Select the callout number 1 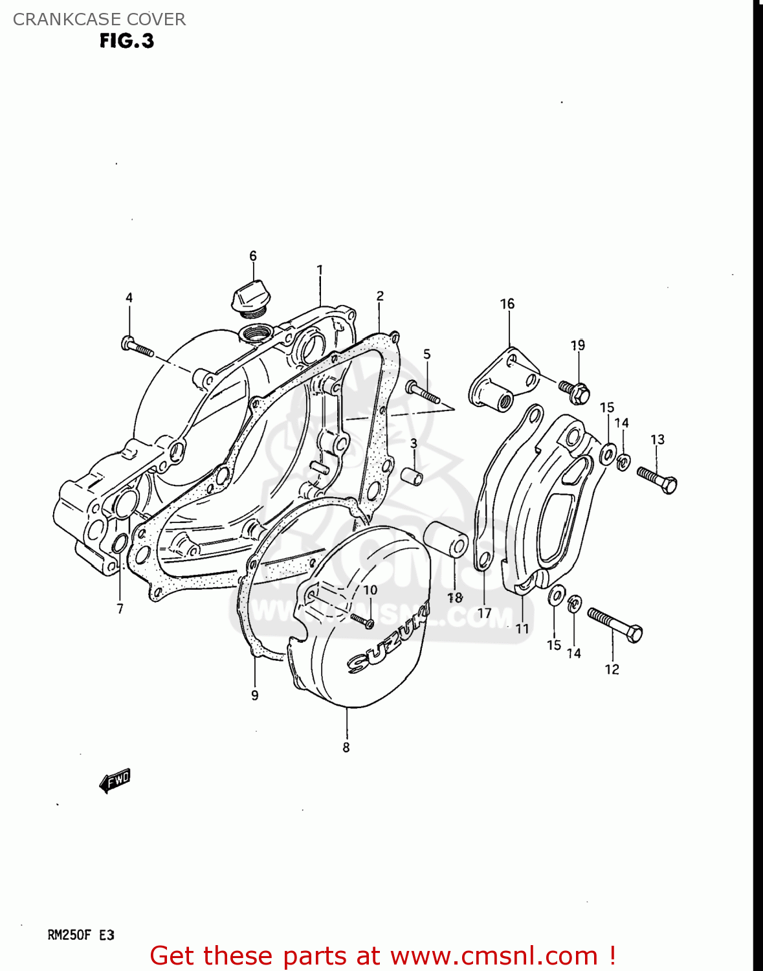320,269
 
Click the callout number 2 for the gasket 380,296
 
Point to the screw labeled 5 423,392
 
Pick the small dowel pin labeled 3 413,476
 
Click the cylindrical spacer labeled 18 446,539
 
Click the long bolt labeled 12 615,625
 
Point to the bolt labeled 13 658,480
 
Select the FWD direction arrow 115,781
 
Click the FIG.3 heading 127,41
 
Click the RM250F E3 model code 81,935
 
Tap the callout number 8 346,748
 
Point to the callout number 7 120,608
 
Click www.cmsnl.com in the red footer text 494,956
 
